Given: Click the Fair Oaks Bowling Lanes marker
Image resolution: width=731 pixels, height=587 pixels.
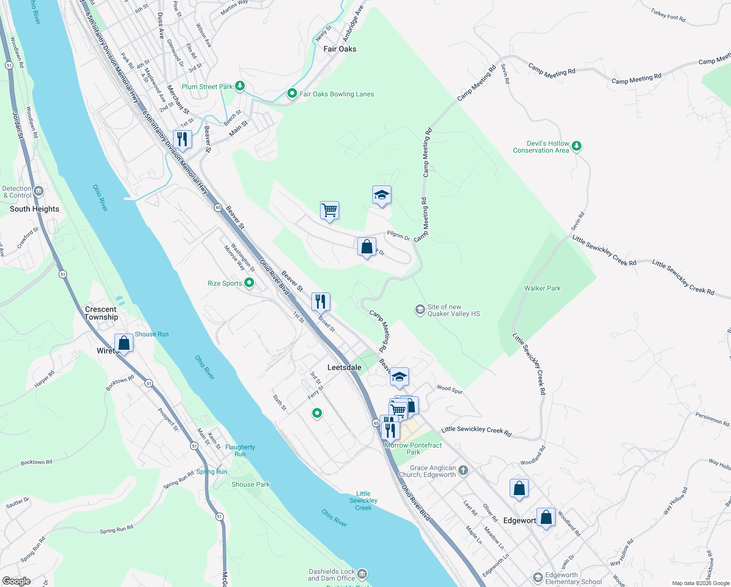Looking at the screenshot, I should click(292, 93).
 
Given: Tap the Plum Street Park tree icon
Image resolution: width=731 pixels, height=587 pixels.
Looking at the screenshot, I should click(239, 87).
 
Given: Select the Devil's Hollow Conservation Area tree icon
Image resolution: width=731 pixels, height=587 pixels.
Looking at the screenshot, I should click(577, 146).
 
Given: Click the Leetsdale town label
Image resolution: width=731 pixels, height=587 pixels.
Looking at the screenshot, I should click(344, 367).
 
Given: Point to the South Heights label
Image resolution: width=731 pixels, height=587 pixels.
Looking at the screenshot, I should click(34, 209).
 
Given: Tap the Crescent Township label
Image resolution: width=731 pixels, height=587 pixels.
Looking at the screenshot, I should click(101, 313).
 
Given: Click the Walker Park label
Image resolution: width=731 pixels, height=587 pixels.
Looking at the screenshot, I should click(542, 288).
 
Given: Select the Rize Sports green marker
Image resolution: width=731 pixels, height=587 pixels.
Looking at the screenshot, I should click(249, 283).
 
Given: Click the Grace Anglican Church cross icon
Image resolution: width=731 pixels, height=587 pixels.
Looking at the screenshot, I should click(463, 471).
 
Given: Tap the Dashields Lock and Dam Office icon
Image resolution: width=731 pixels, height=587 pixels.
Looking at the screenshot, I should click(362, 573).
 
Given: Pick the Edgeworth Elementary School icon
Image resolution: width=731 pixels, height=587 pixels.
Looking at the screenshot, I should click(537, 578).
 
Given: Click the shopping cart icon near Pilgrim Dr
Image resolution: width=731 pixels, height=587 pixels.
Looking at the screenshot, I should click(329, 211).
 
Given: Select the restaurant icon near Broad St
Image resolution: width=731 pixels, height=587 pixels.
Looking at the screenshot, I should click(321, 301).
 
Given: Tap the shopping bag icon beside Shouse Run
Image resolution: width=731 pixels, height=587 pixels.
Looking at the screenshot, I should click(124, 343).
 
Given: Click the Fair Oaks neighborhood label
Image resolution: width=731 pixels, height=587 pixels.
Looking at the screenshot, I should click(340, 49).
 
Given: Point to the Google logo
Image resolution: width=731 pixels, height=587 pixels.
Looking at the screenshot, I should click(16, 581).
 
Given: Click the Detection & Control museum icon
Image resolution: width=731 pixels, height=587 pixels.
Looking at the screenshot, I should click(39, 191).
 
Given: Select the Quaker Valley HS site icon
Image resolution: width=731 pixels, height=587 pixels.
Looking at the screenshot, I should click(420, 310).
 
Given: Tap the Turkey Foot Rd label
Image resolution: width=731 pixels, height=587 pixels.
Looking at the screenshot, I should click(668, 16).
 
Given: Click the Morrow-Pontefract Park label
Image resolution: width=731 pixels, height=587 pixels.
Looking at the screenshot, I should click(413, 449).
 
